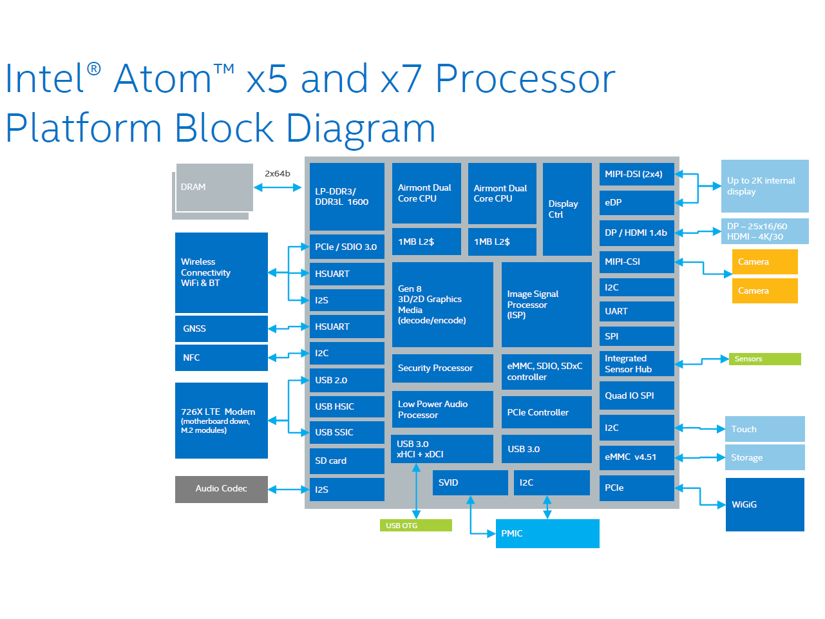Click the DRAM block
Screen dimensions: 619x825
(214, 187)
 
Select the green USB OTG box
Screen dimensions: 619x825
(415, 526)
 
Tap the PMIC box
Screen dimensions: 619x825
(547, 533)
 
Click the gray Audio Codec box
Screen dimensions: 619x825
(221, 489)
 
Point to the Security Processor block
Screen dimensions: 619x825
(442, 368)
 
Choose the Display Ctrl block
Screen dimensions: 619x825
(567, 209)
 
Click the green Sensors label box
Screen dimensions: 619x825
(764, 359)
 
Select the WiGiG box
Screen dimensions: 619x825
(764, 504)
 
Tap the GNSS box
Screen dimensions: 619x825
(221, 329)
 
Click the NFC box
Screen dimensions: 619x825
(221, 357)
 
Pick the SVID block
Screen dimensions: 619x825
(469, 482)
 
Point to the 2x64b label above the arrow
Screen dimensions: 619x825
(277, 173)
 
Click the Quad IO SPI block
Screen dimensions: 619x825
(636, 395)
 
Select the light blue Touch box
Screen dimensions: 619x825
(764, 429)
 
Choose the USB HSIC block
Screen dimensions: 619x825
(346, 406)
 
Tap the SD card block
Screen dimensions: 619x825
(346, 461)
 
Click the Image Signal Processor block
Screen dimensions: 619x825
(546, 304)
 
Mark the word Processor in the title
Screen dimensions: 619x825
(525, 79)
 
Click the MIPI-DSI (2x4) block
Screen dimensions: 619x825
(636, 174)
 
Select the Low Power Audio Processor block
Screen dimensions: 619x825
(442, 409)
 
